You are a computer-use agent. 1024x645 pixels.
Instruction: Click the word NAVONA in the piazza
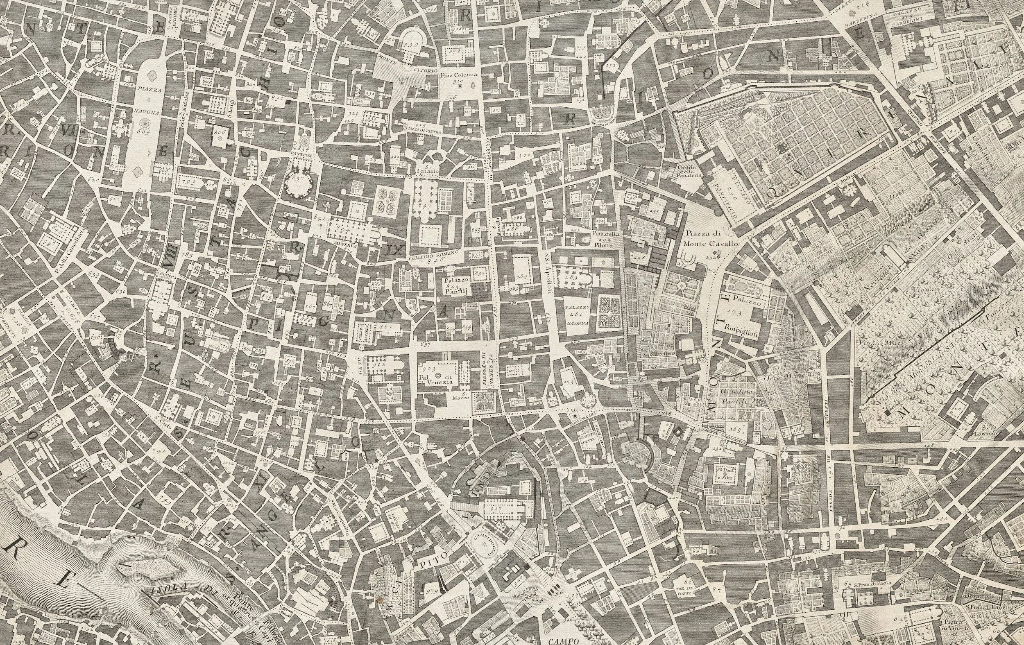[147, 113]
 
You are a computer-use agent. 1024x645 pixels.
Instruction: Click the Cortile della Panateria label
[686, 172]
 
